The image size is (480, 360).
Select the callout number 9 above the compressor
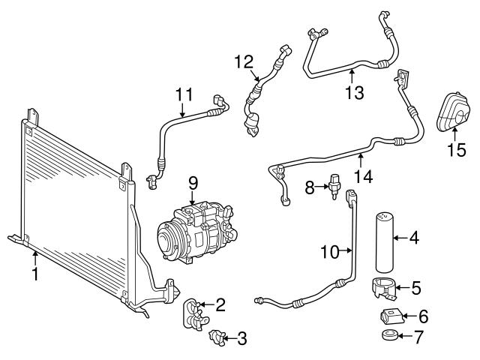193,182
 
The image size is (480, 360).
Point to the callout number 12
244,62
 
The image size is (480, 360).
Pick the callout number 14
363,177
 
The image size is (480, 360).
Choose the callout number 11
184,95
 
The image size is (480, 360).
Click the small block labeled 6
390,316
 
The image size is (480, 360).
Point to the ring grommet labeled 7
388,335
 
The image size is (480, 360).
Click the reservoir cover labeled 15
453,112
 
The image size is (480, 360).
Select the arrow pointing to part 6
407,316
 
